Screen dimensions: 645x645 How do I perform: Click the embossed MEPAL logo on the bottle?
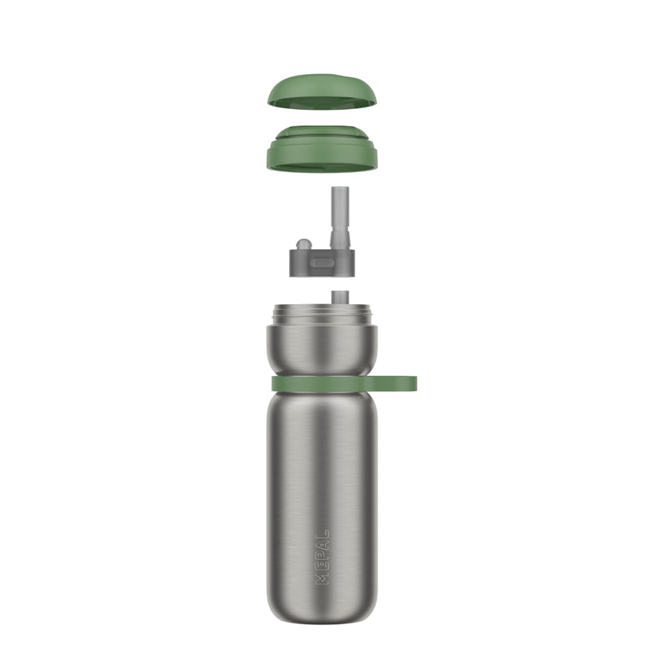(x=322, y=557)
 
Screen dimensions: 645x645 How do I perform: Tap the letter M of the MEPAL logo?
(x=322, y=578)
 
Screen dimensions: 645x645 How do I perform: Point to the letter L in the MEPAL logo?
(x=322, y=534)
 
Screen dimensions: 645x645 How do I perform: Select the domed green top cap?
(x=322, y=92)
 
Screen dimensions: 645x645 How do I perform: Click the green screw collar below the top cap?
(x=322, y=149)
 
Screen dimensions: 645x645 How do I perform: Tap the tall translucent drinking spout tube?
(x=340, y=218)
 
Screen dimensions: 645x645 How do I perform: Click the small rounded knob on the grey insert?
(x=303, y=244)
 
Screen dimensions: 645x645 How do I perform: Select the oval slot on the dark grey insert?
(x=322, y=262)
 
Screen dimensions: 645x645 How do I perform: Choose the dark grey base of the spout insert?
(x=322, y=264)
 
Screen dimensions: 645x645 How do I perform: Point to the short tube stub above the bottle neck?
(x=340, y=297)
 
